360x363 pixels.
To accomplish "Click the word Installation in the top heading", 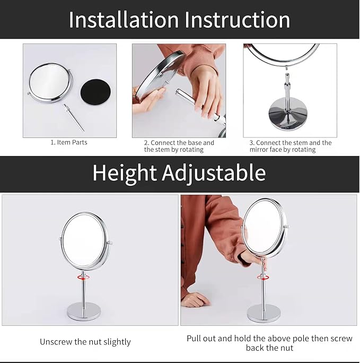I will point(123,20).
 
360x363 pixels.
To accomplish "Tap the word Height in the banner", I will point(125,173).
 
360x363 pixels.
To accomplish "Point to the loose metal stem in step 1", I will point(74,117).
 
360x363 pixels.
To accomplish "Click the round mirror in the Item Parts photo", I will point(50,81).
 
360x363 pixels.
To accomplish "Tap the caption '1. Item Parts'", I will point(69,142).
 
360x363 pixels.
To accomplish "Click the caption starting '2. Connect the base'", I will point(179,146).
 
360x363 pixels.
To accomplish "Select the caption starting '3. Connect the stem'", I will point(291,146).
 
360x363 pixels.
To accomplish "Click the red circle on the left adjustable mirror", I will point(83,276).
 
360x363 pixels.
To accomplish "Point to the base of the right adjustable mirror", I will point(264,313).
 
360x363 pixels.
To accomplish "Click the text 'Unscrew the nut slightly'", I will point(85,342).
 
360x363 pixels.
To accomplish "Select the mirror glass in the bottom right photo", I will point(262,227).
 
